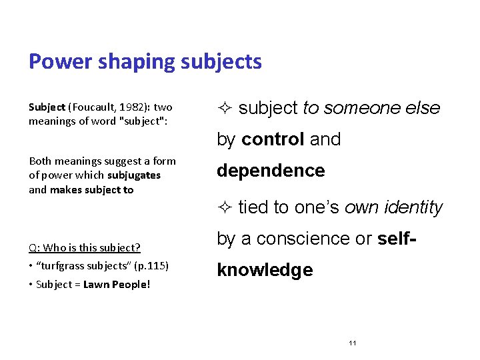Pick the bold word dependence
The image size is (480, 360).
(271, 171)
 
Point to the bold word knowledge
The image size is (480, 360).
(265, 270)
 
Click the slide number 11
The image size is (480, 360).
(353, 343)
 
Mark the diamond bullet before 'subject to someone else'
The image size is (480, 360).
(224, 108)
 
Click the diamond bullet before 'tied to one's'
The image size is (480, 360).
(224, 208)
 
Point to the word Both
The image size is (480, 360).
(40, 161)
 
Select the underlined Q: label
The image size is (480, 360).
(34, 248)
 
